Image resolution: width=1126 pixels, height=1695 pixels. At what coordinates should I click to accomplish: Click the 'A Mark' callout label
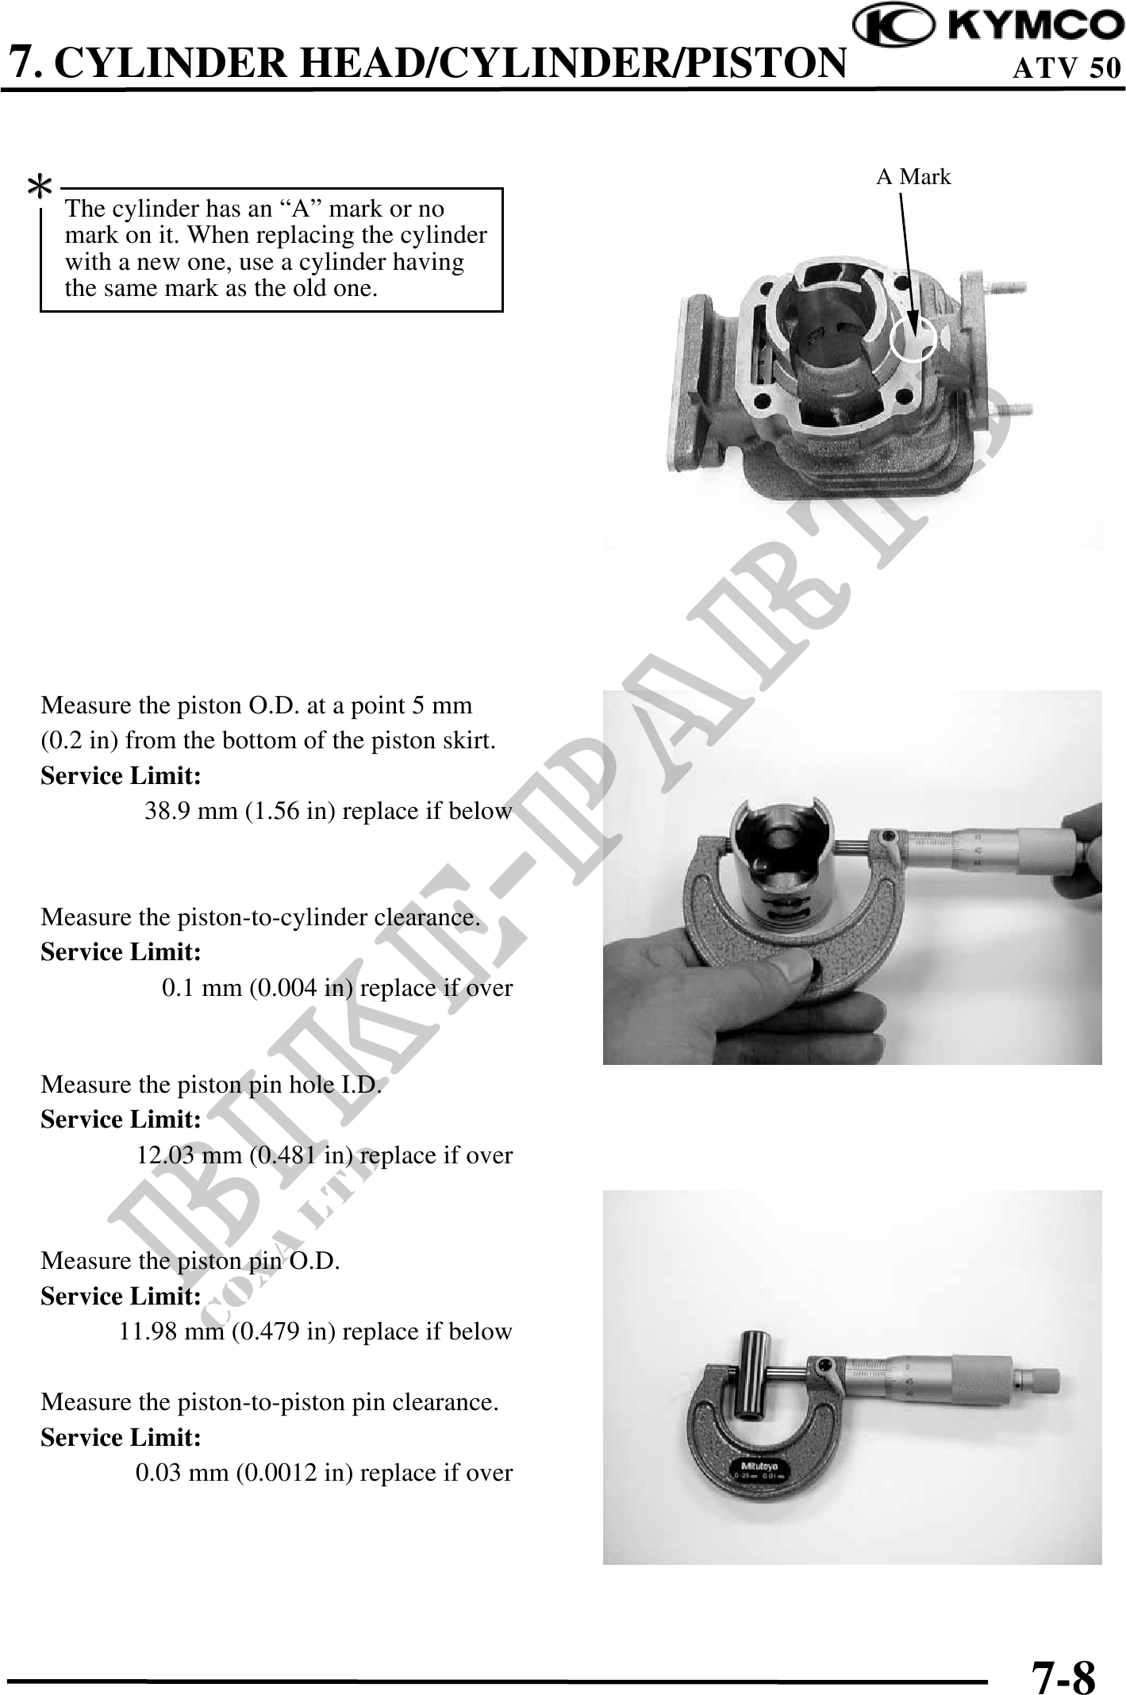tap(913, 177)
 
